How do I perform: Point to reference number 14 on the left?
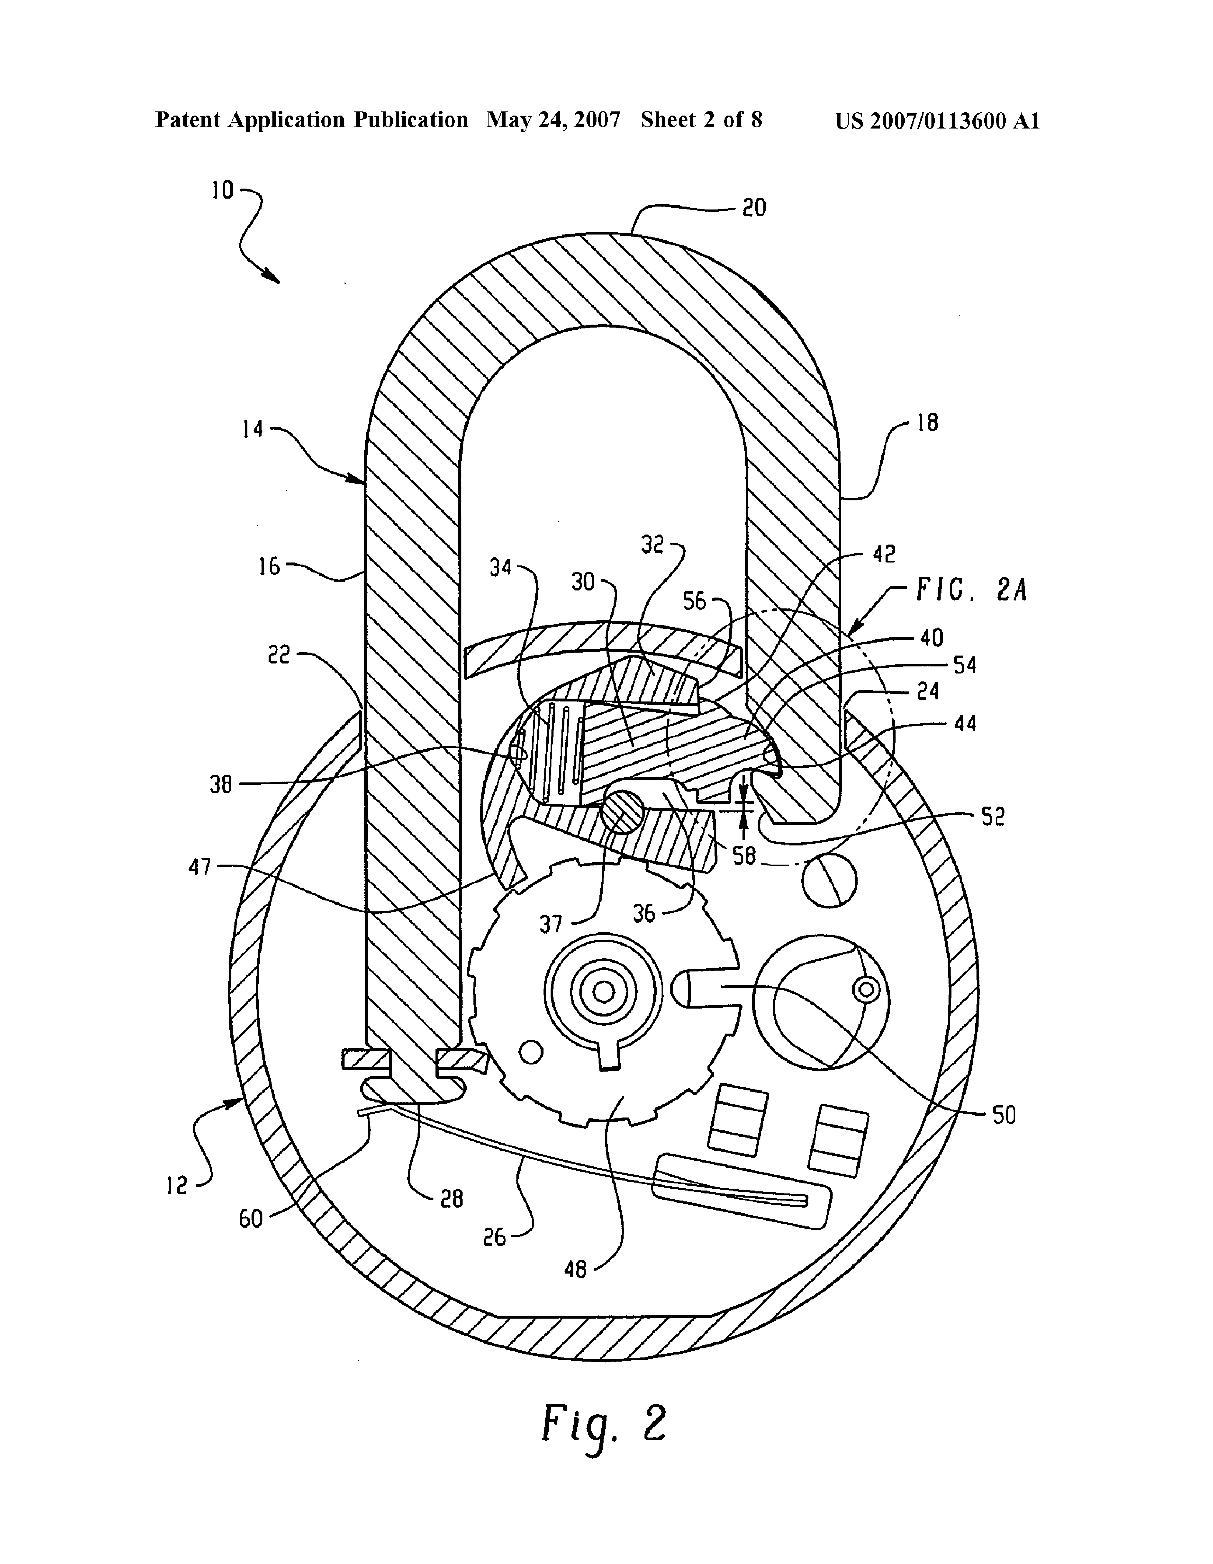[253, 430]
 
